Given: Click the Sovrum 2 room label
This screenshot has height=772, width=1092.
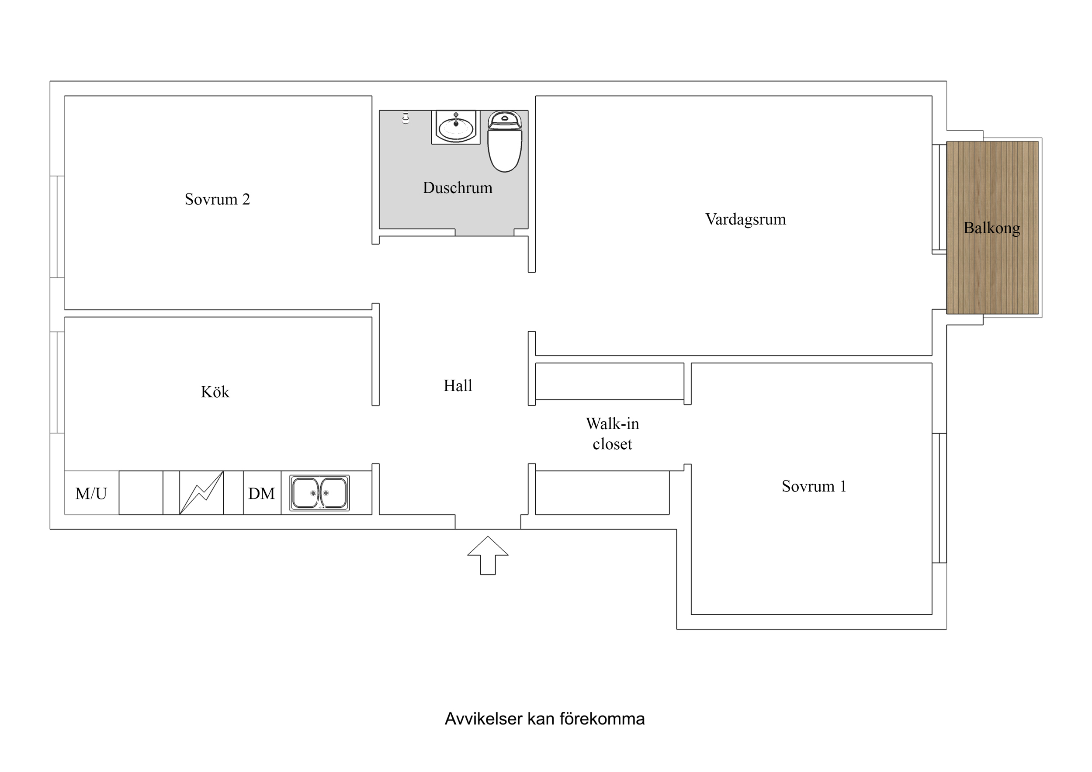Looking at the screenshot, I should [x=217, y=199].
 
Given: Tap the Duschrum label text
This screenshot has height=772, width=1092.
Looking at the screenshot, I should [x=457, y=188].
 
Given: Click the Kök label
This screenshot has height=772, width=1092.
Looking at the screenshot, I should [x=215, y=392].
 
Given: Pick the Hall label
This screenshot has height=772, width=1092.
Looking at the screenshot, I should [x=458, y=386].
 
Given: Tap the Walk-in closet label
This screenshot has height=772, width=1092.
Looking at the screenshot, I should [x=612, y=434].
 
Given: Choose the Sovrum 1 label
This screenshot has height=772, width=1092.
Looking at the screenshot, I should [x=814, y=487].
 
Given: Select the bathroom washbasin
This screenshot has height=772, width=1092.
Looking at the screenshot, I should [x=456, y=127].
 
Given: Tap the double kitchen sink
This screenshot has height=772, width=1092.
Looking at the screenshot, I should [x=319, y=493].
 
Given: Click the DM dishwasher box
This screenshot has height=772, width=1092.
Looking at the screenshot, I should [x=262, y=494].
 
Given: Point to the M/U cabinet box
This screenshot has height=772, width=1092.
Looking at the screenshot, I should [x=91, y=494].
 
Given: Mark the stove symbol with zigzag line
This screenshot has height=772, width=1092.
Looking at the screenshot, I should [x=201, y=493].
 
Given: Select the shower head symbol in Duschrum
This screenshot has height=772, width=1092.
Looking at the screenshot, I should [x=406, y=118].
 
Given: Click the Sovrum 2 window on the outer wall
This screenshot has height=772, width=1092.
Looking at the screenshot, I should [x=57, y=226].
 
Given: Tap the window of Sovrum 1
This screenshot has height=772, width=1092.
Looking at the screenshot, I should [x=939, y=498].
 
